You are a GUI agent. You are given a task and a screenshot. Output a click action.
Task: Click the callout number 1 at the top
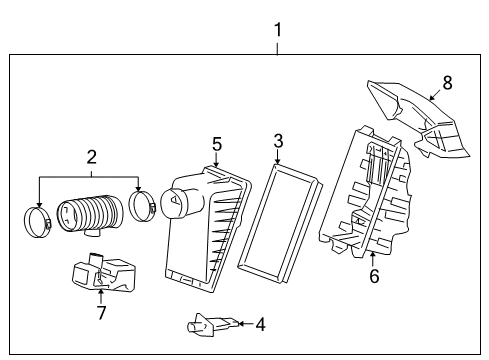point(278,30)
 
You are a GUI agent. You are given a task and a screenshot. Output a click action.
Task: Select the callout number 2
point(92,157)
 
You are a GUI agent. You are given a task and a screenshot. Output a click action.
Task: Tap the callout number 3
point(278,141)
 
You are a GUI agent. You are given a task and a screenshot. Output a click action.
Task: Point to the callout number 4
point(260,324)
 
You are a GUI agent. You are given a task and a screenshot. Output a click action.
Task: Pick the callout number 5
point(217,144)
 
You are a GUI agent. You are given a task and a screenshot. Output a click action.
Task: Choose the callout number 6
point(374,276)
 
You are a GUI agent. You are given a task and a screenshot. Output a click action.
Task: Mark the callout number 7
point(101,313)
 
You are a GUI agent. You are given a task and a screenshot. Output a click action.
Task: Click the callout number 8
point(447,83)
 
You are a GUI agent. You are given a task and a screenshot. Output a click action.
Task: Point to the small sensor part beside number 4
point(212,323)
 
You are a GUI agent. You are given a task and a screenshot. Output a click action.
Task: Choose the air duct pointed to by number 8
point(418,118)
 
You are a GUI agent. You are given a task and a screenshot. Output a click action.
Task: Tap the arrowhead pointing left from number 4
point(241,324)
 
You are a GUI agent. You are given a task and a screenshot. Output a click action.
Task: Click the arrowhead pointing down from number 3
point(277,161)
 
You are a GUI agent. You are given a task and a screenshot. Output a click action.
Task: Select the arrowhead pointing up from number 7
point(101,292)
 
